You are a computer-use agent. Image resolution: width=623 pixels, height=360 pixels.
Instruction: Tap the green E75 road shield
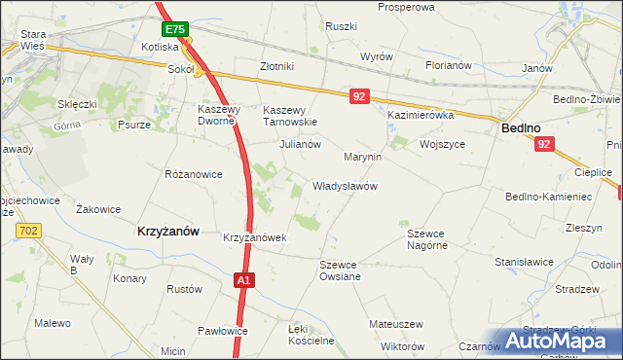point(175,30)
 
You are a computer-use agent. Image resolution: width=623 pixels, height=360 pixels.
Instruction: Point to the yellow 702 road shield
point(28,230)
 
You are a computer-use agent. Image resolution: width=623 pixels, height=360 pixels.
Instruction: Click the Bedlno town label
point(521,127)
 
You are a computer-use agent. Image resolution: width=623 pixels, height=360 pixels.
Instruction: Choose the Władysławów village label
point(345,185)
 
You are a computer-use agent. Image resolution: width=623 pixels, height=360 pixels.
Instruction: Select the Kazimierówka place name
point(421,115)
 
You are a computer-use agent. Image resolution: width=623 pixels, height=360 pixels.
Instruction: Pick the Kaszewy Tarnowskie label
point(291,116)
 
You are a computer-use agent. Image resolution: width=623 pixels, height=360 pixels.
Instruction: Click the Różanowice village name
point(194,174)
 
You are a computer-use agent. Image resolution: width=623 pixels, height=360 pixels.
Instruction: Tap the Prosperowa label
point(405,7)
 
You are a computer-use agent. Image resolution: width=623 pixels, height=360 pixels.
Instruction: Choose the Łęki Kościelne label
point(311,335)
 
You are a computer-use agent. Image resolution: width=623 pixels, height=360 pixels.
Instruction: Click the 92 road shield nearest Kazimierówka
point(360,96)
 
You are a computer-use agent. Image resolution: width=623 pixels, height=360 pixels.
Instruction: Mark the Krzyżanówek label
point(253,237)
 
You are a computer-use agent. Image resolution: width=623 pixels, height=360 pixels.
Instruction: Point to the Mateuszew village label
point(395,323)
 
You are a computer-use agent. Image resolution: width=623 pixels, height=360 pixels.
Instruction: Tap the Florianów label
point(449,66)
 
